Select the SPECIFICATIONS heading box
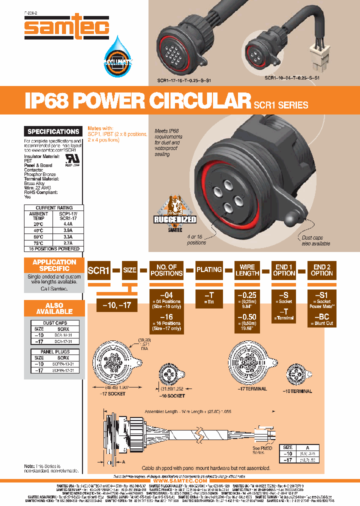(x=53, y=131)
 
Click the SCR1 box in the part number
(x=98, y=270)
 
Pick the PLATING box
(x=209, y=270)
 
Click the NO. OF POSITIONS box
(x=166, y=270)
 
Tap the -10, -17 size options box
(x=116, y=304)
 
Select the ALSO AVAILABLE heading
(x=54, y=308)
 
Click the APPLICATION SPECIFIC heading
(x=54, y=265)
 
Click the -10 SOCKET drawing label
(x=171, y=395)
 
